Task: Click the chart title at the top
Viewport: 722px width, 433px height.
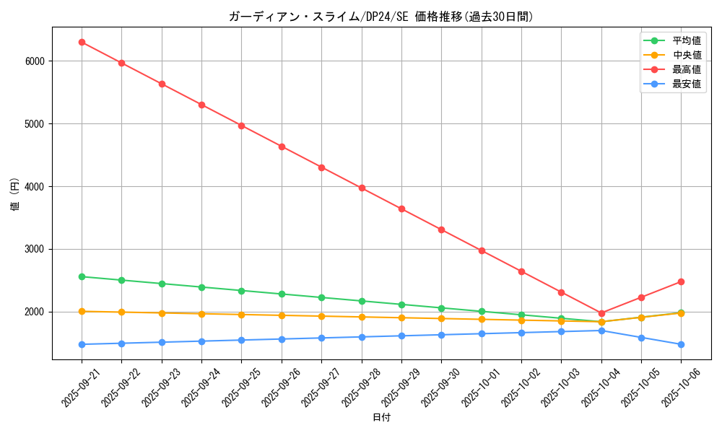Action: coord(381,17)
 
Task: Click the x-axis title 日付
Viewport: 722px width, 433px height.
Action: coord(381,417)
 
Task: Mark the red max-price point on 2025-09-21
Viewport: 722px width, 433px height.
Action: coord(82,42)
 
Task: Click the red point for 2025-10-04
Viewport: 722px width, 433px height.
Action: coord(601,313)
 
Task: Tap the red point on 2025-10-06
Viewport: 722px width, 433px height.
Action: coord(681,281)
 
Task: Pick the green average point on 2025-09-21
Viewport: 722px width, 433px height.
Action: coord(82,276)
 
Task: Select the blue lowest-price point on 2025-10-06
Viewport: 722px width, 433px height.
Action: coord(681,344)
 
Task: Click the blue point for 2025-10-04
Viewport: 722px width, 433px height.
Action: coord(601,331)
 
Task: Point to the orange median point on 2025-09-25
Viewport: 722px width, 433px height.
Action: coord(242,315)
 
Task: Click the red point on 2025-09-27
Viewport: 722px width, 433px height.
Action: coord(321,167)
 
